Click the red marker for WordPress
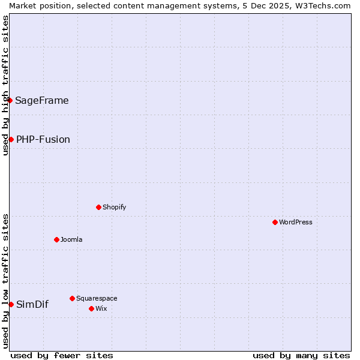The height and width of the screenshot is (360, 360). pos(275,222)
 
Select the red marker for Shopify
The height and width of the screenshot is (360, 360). pos(98,207)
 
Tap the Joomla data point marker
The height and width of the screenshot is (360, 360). pos(56,239)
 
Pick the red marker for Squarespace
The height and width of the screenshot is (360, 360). pos(72,298)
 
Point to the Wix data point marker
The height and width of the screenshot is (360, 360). pos(91,308)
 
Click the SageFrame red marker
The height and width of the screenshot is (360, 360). pos(10,100)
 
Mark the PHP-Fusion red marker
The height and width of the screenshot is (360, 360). pos(11,139)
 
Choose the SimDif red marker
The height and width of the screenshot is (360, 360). pos(11,304)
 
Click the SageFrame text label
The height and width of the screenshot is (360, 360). pos(42,101)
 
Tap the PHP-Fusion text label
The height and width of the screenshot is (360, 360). pos(43,140)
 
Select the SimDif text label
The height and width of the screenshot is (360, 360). pos(32,305)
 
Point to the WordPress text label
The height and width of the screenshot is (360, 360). pos(296,222)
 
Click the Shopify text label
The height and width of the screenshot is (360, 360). pos(114,207)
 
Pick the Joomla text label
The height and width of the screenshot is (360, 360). pos(71,239)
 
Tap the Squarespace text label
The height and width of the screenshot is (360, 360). pos(97,298)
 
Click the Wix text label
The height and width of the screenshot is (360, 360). pos(101,308)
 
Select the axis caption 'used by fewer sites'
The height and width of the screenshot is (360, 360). pos(62,355)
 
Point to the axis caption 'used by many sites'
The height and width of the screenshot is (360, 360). pos(301,355)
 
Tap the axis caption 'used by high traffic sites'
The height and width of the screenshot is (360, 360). pos(5,85)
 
